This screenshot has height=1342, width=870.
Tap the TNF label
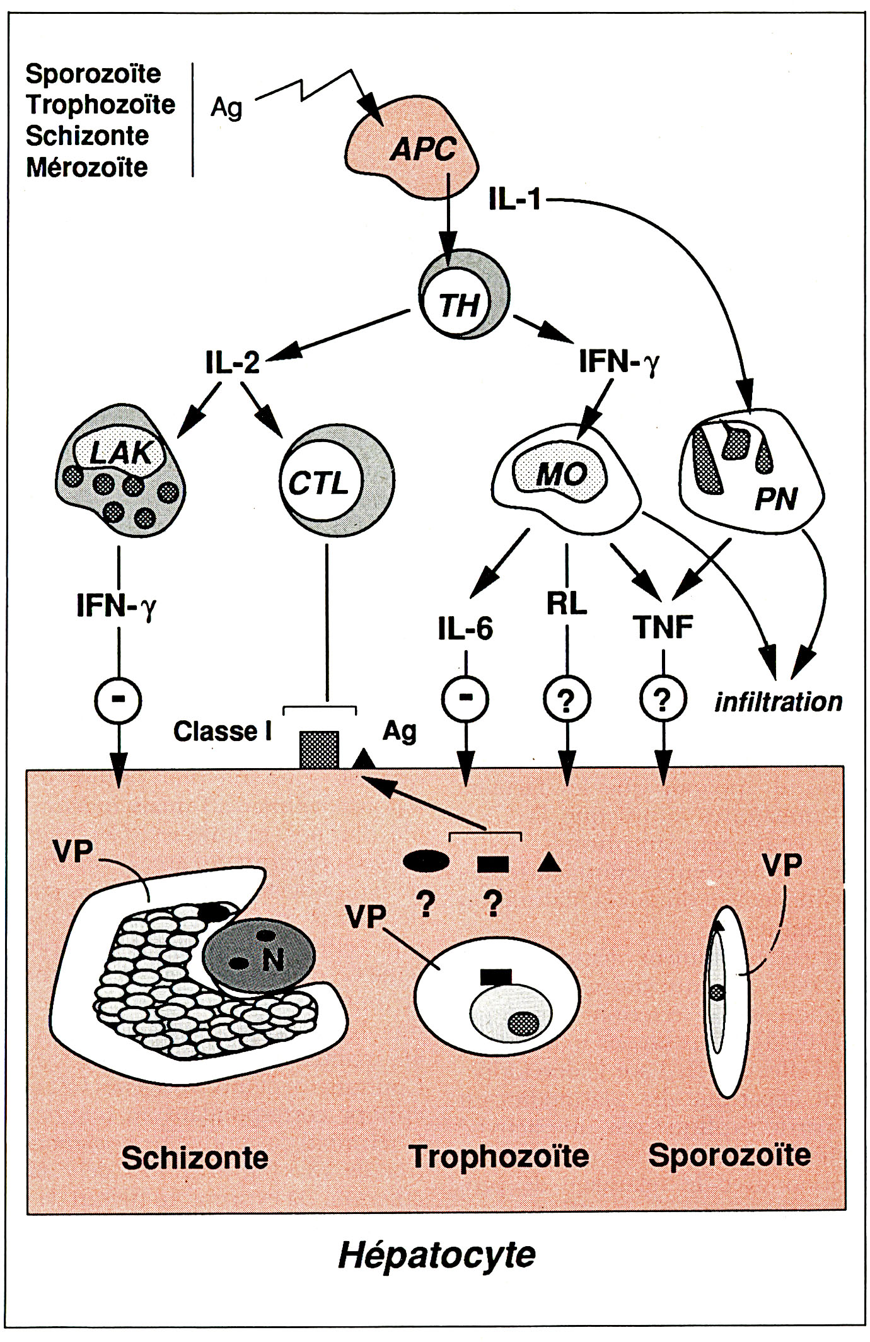663,627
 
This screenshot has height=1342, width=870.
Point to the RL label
566,604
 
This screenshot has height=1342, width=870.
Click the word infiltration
778,701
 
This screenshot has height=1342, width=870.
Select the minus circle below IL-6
466,698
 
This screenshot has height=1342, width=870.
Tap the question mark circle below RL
566,699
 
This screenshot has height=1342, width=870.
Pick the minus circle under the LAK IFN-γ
119,699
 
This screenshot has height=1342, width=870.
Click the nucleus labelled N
258,959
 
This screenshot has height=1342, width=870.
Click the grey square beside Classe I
319,749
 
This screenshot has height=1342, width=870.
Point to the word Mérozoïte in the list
87,167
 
